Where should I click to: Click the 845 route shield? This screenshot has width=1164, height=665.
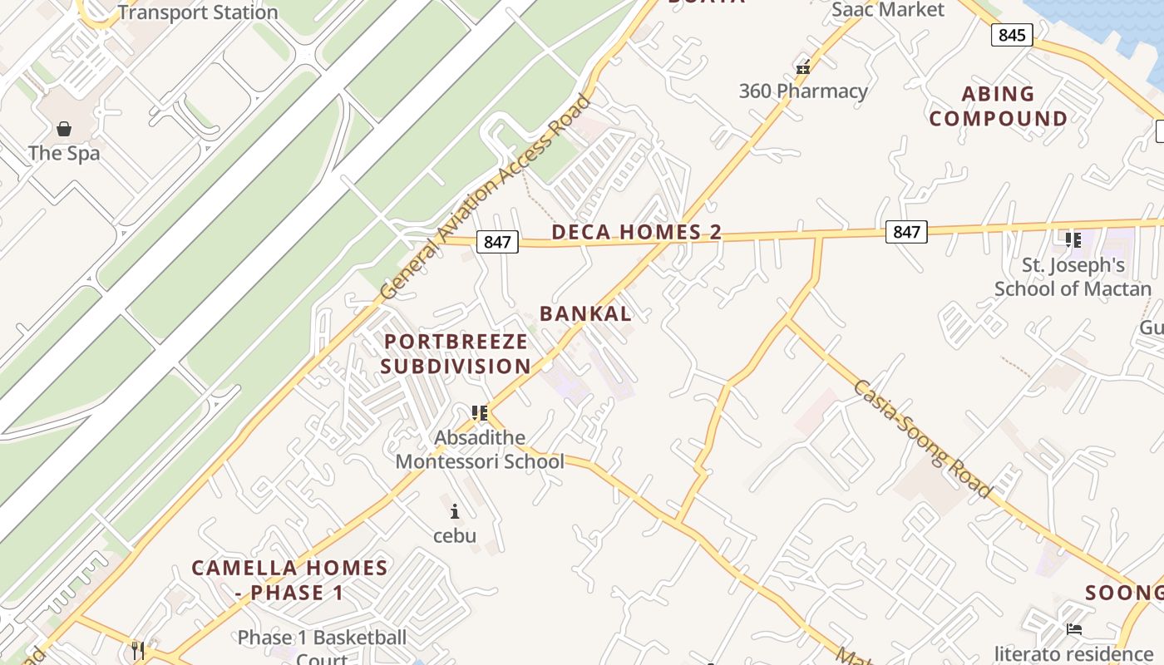pyautogui.click(x=1012, y=35)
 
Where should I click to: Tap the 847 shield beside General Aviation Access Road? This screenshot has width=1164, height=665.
pyautogui.click(x=497, y=242)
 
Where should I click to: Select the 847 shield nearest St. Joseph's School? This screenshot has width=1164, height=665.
pyautogui.click(x=905, y=231)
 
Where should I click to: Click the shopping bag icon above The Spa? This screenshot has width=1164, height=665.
pyautogui.click(x=64, y=129)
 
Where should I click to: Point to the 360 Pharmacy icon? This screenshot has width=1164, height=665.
pyautogui.click(x=803, y=67)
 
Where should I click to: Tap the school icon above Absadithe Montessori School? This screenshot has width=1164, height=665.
pyautogui.click(x=479, y=413)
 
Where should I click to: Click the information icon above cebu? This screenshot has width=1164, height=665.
pyautogui.click(x=454, y=511)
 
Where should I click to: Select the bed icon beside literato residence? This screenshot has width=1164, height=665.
pyautogui.click(x=1074, y=629)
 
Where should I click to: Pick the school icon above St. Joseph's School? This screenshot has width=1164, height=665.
pyautogui.click(x=1073, y=240)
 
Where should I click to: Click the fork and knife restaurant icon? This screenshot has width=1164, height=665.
pyautogui.click(x=138, y=649)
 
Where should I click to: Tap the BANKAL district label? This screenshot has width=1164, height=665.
pyautogui.click(x=585, y=313)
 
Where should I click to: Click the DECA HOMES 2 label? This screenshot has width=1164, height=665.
pyautogui.click(x=636, y=232)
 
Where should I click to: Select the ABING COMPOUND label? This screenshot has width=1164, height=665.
pyautogui.click(x=998, y=106)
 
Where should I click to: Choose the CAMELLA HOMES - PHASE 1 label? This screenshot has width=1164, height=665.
pyautogui.click(x=289, y=580)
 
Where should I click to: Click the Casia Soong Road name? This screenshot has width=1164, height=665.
pyautogui.click(x=922, y=438)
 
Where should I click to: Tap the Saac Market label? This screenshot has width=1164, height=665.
pyautogui.click(x=888, y=10)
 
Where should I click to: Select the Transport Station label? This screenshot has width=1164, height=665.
pyautogui.click(x=197, y=12)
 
